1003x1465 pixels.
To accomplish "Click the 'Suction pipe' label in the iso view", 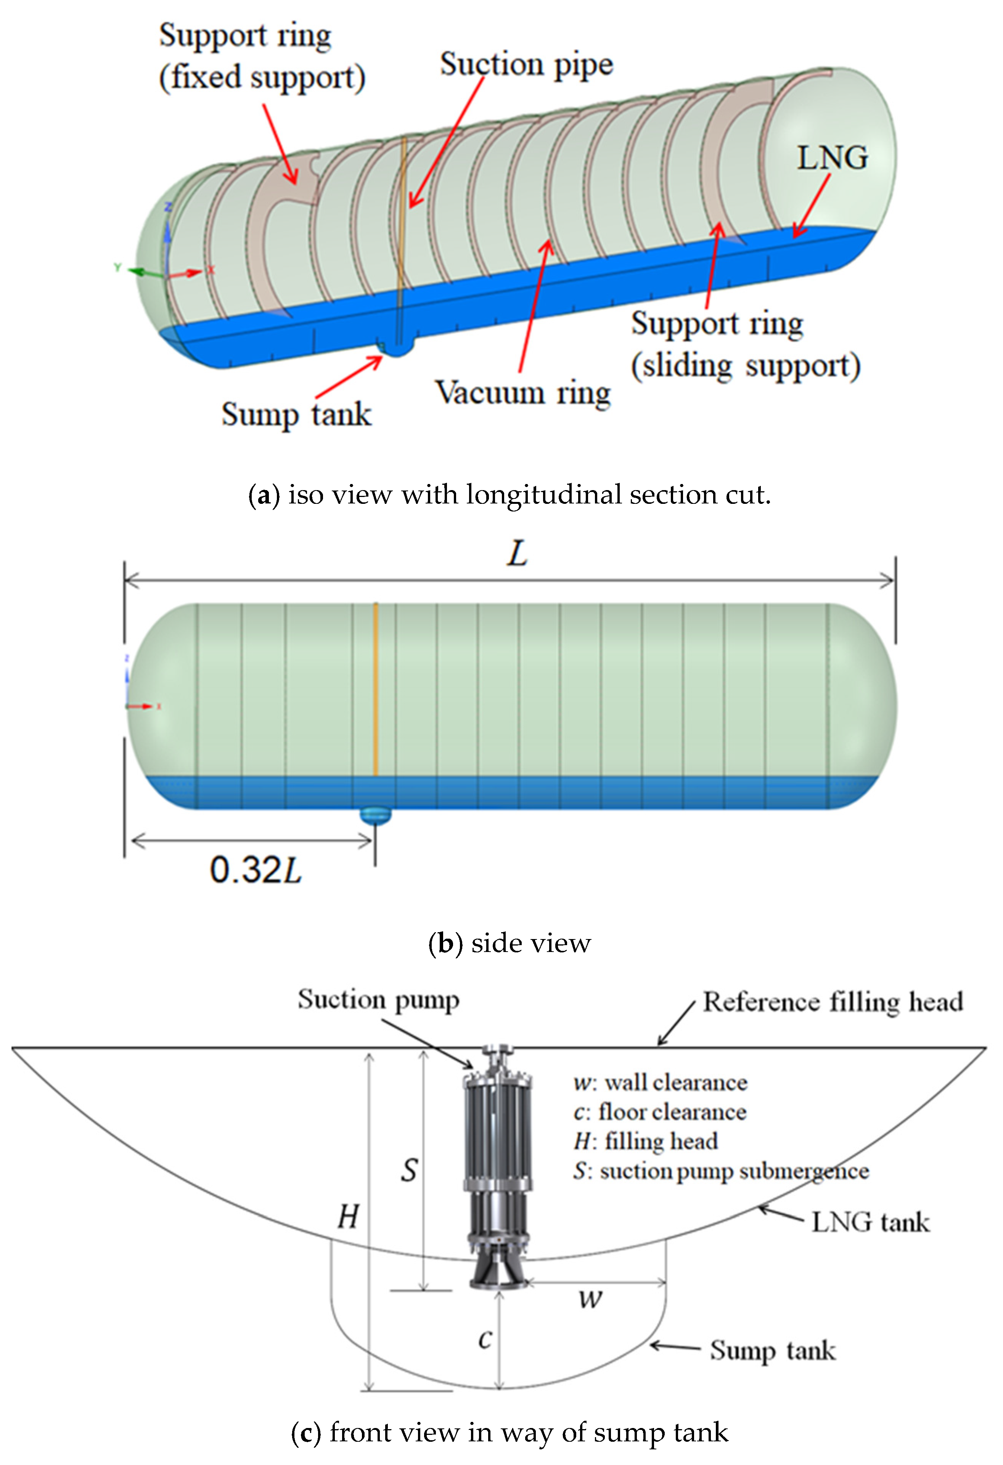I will [x=526, y=65].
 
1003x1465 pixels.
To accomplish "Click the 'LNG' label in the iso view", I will [x=832, y=158].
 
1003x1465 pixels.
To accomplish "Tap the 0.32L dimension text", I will [x=255, y=870].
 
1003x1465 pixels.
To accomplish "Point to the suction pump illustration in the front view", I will [x=498, y=1166].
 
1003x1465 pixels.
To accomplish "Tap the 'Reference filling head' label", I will [x=832, y=1002].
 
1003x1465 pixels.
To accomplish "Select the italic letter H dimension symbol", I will [x=348, y=1216].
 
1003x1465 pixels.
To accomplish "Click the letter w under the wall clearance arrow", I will [x=591, y=1299].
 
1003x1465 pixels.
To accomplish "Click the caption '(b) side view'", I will [x=510, y=943].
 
